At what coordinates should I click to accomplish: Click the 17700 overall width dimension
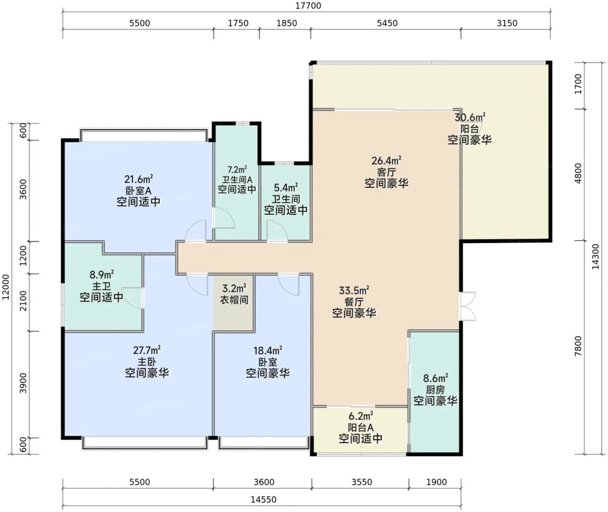point(308,6)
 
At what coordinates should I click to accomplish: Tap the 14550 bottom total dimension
point(264,499)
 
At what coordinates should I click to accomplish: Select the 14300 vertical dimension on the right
point(595,256)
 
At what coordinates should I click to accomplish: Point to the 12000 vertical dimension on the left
point(6,287)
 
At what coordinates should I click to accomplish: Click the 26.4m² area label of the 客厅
point(387,160)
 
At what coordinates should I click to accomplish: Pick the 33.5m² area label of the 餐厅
point(354,290)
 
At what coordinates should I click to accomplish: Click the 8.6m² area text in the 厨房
point(435,378)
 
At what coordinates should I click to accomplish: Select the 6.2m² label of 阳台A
point(361,416)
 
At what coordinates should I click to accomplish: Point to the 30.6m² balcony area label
point(470,117)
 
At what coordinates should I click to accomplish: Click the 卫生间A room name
point(237,180)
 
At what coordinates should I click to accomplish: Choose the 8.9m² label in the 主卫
point(101,275)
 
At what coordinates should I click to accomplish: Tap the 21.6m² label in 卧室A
point(139,179)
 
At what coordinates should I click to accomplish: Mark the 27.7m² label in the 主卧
point(147,350)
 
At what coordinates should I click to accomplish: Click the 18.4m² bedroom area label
point(268,350)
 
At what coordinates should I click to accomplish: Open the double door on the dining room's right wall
point(467,306)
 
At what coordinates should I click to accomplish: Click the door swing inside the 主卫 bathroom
point(132,298)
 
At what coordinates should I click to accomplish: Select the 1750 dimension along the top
point(238,23)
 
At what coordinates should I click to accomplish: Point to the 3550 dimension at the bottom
point(362,482)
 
